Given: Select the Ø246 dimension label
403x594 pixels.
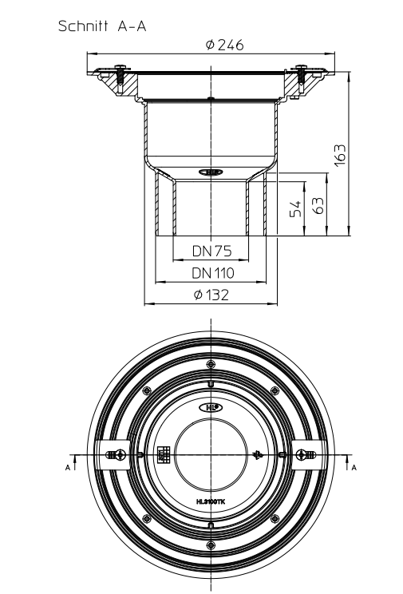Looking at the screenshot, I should point(224,45).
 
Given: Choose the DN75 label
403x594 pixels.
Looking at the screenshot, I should point(211,250).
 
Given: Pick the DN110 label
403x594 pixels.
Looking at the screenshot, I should point(211,273).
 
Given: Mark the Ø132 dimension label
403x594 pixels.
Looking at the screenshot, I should point(211,295).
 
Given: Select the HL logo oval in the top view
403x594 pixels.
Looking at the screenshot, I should point(211,406).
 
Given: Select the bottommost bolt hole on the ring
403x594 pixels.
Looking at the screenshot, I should point(211,546).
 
